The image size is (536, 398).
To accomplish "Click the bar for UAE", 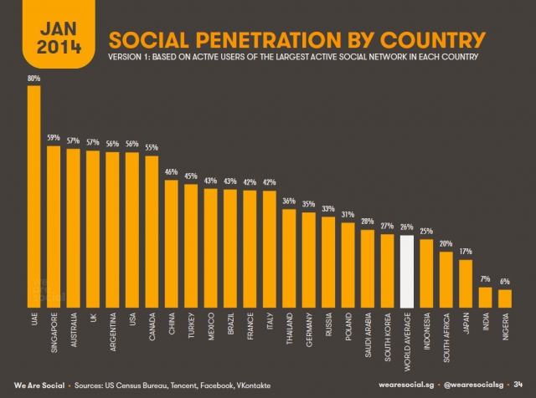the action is point(33,196).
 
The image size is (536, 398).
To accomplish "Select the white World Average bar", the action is point(407,272).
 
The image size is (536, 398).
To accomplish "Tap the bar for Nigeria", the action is point(505,298).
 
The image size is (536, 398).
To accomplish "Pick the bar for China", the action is point(171,243).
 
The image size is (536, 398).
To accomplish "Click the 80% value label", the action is point(33,78).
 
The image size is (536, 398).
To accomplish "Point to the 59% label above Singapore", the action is point(54,138).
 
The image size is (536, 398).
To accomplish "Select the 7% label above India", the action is point(485,279).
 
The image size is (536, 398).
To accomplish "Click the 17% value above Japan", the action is point(466,251).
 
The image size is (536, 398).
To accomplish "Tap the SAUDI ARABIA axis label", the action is point(368,334).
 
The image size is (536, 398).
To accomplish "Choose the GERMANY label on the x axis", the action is point(309,329).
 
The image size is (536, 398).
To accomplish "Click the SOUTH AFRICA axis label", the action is point(446,337).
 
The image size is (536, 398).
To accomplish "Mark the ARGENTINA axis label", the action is point(113,332).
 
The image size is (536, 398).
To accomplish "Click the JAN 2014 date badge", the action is point(59,34).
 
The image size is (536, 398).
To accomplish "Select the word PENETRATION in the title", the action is point(268,40).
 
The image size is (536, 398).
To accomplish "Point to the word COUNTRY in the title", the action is point(433,40).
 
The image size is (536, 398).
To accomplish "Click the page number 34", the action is point(518,385).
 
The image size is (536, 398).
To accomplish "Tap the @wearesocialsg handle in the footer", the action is point(473,385).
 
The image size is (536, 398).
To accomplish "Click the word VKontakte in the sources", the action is point(253,385).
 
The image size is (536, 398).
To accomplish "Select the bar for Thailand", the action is point(289,258).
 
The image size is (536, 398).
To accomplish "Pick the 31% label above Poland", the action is point(348,214).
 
